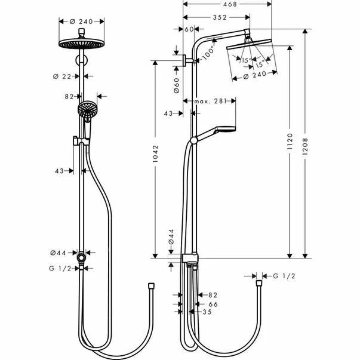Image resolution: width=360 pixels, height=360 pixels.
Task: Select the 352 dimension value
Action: pyautogui.click(x=218, y=17)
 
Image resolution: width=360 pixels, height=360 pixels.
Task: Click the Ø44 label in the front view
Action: pyautogui.click(x=61, y=253)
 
